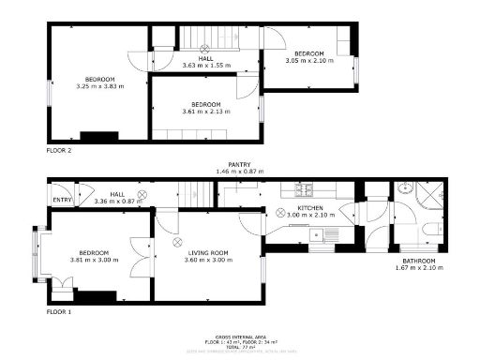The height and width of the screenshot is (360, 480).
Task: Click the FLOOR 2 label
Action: coord(59,149)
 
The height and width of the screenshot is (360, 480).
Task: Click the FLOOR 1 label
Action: coord(59,310)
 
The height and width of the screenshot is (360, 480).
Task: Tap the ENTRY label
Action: coord(62,200)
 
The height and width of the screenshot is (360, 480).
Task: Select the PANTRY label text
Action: coord(240,164)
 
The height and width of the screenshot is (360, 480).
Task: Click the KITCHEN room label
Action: coord(310,207)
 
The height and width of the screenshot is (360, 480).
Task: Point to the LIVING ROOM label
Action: coord(209,252)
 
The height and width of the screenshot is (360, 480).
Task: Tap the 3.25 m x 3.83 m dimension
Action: coord(100,87)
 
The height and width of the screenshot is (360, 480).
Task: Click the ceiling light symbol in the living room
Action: coord(176,241)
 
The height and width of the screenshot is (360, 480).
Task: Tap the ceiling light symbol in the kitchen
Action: coord(279,213)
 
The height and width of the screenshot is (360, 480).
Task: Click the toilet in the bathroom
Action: coord(429,228)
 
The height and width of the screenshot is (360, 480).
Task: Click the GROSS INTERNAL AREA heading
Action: coord(240,335)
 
